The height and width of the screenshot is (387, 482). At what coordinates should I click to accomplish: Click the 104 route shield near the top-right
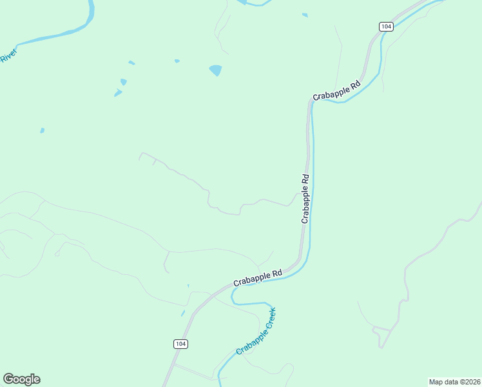(385, 26)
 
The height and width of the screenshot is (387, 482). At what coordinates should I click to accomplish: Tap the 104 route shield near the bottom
(180, 344)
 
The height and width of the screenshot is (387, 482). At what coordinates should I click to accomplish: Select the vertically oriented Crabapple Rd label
(306, 199)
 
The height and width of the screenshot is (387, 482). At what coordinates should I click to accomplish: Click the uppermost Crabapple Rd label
(336, 91)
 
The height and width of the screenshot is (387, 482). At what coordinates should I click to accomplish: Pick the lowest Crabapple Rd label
(258, 278)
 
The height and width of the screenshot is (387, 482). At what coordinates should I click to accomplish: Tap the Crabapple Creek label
(256, 332)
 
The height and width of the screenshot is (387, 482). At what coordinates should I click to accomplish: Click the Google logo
(22, 379)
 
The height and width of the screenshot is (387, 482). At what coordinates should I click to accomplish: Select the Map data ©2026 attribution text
(454, 382)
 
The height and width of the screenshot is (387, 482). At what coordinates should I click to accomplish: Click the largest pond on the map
(215, 70)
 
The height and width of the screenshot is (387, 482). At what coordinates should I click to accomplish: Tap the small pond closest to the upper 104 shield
(305, 15)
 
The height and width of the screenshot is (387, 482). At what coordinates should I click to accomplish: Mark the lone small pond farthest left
(42, 130)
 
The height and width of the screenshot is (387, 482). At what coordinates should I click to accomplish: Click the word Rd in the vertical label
(307, 179)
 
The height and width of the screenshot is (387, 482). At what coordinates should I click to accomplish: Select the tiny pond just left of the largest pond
(177, 61)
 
